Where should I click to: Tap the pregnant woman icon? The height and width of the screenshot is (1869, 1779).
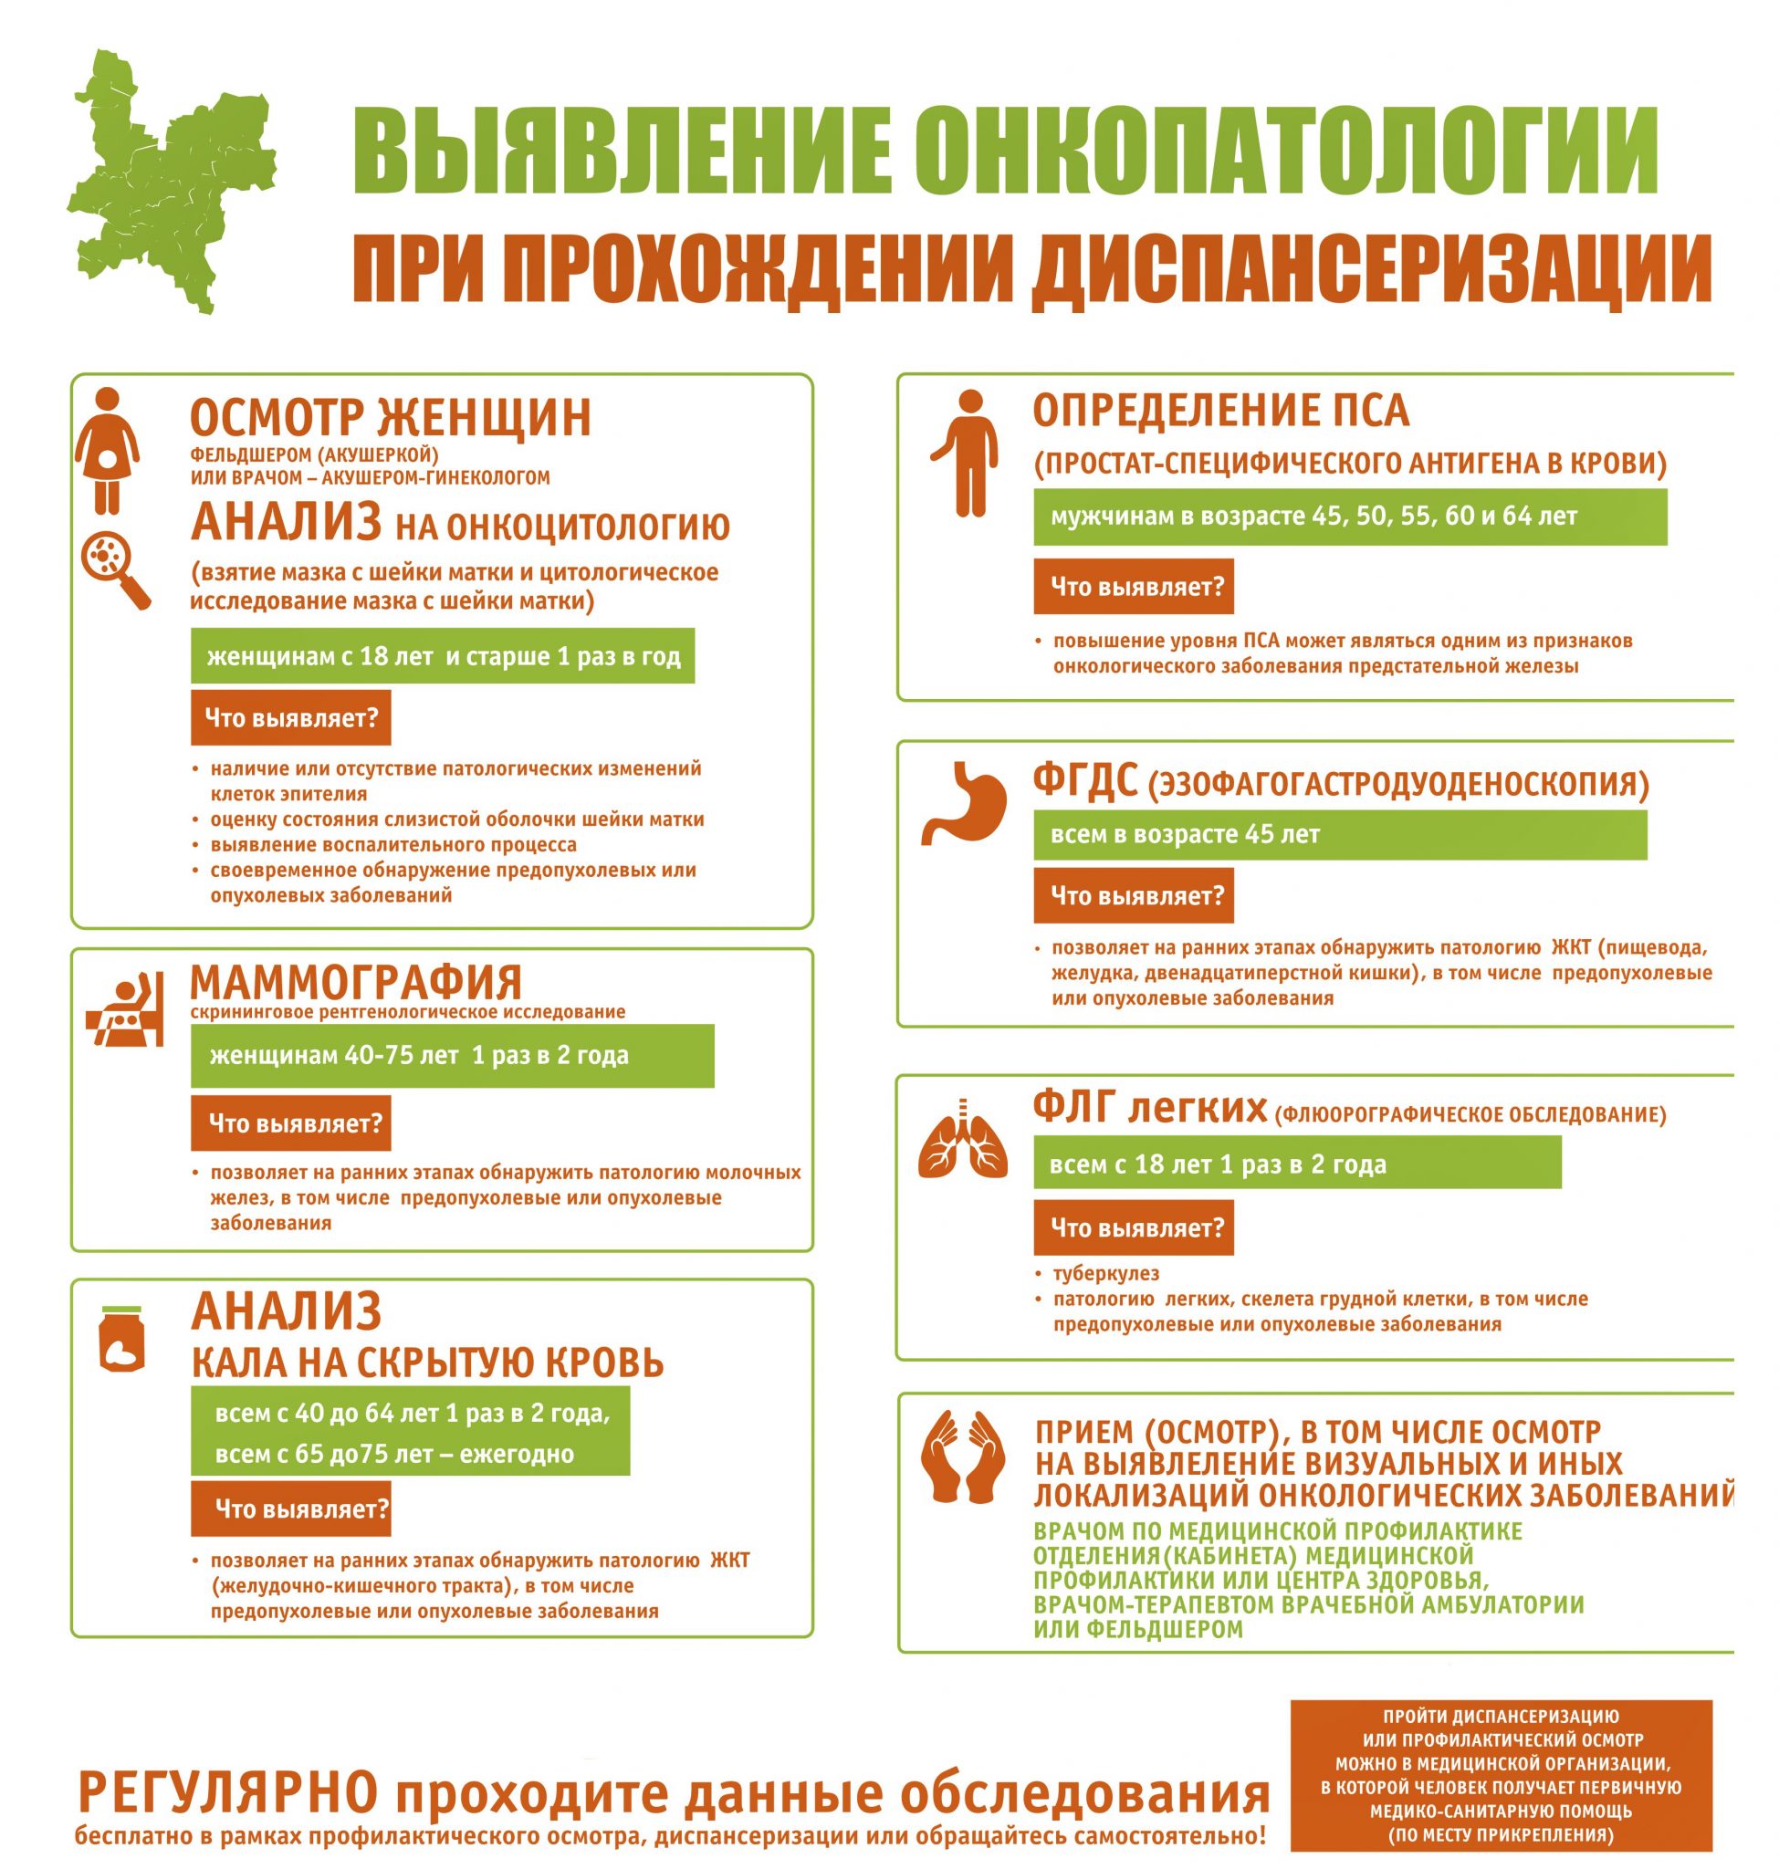[x=108, y=451]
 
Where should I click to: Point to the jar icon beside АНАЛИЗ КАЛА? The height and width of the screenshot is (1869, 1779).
[x=121, y=1338]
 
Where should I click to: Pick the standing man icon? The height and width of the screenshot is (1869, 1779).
[x=966, y=454]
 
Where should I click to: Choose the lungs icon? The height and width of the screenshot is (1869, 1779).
[x=964, y=1139]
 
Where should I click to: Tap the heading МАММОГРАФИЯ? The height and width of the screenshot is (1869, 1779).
[x=357, y=981]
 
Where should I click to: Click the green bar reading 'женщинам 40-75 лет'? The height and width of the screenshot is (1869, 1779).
[x=453, y=1055]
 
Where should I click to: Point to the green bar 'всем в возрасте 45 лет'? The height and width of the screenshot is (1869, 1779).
[x=1339, y=834]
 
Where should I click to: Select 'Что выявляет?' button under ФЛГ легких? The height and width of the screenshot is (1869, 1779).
[x=1134, y=1228]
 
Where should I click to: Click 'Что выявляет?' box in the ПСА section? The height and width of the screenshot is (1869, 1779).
[x=1134, y=587]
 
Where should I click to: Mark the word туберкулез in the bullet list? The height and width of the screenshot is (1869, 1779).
[x=1105, y=1273]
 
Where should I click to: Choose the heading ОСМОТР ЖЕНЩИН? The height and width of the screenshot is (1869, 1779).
[x=391, y=417]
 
